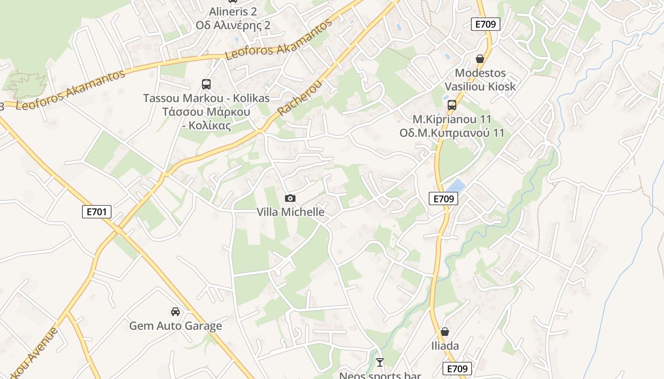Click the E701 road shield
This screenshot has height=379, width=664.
(97, 212)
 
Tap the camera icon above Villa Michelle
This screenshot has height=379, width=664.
(290, 198)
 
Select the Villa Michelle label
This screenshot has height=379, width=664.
(290, 212)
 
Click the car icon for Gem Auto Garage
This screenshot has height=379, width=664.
(175, 312)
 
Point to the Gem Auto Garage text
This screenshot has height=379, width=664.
(175, 326)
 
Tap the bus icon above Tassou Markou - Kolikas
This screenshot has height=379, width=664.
(206, 84)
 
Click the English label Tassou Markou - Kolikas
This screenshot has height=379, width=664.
(206, 98)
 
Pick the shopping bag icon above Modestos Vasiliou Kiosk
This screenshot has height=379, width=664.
(480, 59)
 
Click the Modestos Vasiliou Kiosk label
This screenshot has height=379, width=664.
(480, 80)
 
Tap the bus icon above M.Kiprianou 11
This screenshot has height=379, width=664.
(452, 105)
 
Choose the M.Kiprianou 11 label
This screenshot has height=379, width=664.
(452, 119)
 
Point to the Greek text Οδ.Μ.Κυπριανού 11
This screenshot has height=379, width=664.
(452, 133)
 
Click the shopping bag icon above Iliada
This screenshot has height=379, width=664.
(445, 332)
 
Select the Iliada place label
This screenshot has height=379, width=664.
(445, 346)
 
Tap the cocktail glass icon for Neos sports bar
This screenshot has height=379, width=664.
(380, 362)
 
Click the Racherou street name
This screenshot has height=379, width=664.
(299, 99)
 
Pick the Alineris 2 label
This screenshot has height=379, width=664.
(233, 12)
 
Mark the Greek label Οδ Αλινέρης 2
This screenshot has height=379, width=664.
(233, 25)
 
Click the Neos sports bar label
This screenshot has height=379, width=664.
(380, 376)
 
